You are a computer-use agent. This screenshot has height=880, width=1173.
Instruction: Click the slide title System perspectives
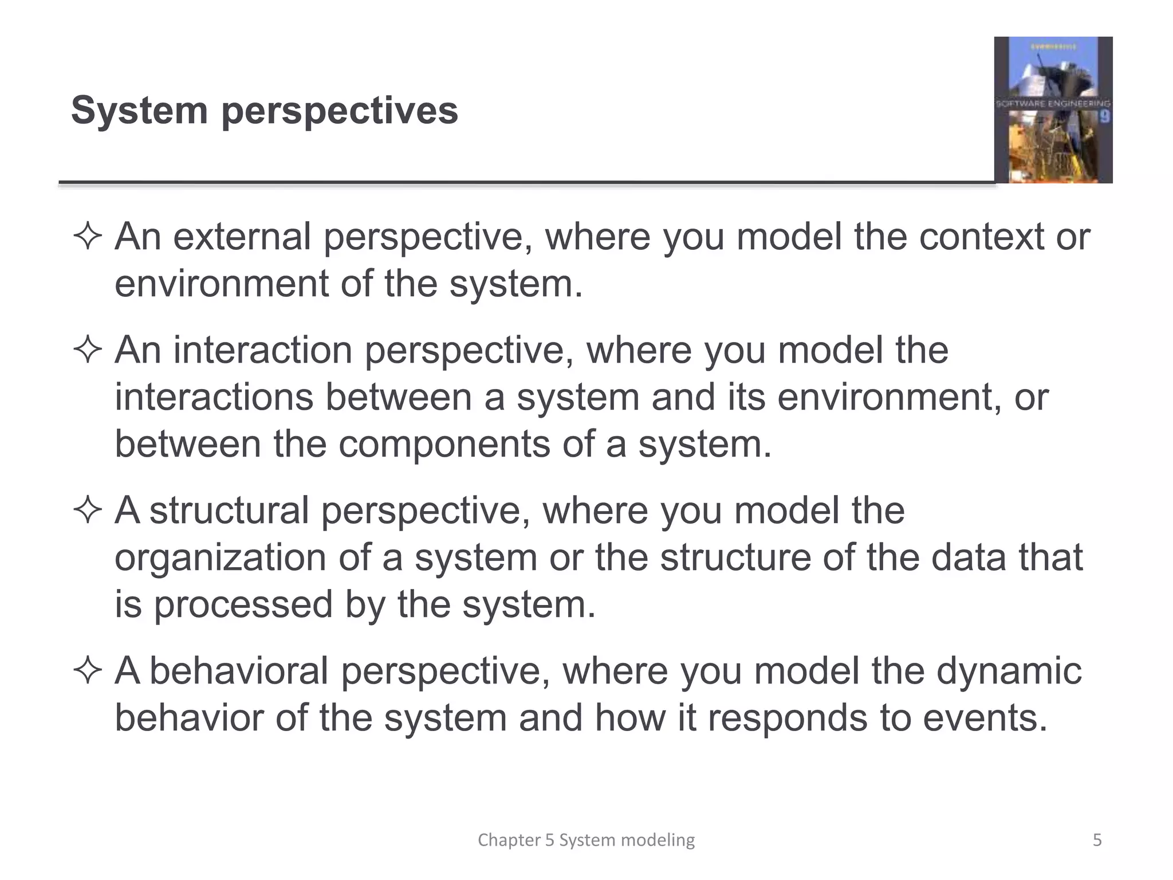[264, 110]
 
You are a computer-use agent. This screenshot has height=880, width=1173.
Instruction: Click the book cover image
[1053, 110]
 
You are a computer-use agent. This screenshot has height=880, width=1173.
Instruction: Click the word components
[444, 444]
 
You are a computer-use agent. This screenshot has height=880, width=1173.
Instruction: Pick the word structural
[229, 510]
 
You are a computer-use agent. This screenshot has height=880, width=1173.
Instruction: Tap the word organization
[220, 557]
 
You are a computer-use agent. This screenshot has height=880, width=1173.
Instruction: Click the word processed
[243, 604]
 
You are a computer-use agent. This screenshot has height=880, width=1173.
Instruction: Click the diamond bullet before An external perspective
[88, 237]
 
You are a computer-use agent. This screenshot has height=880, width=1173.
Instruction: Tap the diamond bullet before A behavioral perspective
[88, 671]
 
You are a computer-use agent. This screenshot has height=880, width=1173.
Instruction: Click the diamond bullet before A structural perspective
[88, 510]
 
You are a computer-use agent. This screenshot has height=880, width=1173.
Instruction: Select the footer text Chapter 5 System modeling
[586, 840]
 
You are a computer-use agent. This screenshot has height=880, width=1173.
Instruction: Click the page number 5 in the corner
[1097, 840]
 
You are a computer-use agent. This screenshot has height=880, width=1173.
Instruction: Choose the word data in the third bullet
[968, 557]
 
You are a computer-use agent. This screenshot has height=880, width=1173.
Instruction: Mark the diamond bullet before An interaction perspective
[88, 350]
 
